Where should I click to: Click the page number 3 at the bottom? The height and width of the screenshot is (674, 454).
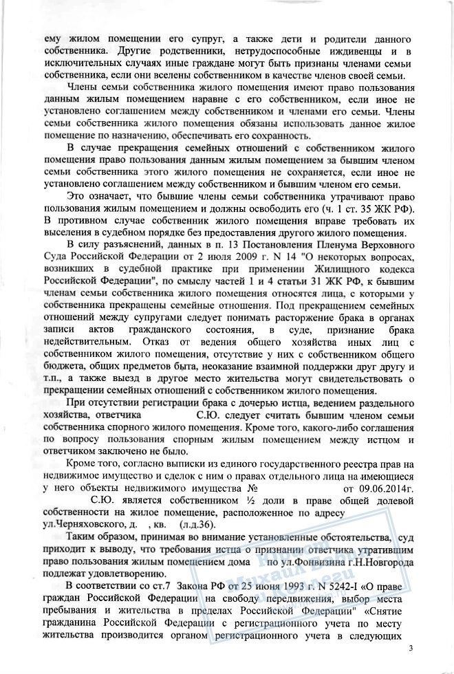(x=411, y=649)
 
